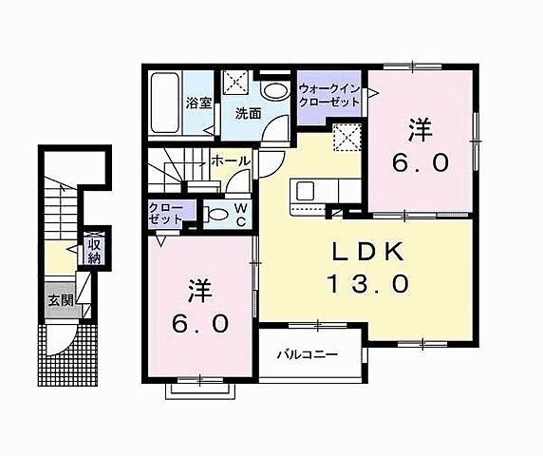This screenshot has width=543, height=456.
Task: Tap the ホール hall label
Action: (231, 162)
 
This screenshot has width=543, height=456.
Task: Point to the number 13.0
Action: (368, 283)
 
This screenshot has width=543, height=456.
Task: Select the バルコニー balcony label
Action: (307, 355)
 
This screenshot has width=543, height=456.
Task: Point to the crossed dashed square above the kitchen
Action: (347, 140)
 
